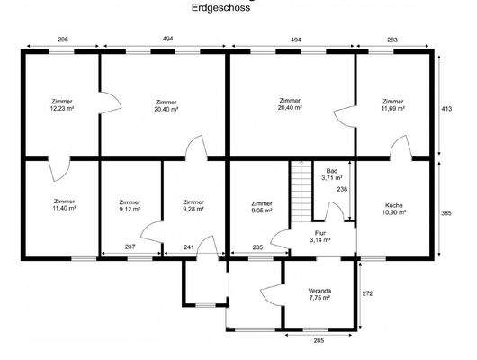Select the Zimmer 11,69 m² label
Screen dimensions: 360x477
[x=392, y=104]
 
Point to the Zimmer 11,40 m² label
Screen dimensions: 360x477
[x=64, y=204]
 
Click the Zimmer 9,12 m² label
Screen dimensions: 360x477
[x=130, y=206]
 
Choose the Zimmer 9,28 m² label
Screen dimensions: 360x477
[x=193, y=206]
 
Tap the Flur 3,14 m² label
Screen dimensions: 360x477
[x=320, y=238]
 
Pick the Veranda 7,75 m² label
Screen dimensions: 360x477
[x=319, y=295]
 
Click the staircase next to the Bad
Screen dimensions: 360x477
[x=299, y=192]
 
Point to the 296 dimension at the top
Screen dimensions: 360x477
[x=61, y=40]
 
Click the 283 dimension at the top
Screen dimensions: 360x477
[x=392, y=40]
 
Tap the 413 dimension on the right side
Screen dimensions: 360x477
[x=445, y=107]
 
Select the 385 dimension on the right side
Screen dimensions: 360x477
[x=445, y=214]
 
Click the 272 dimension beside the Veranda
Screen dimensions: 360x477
[x=367, y=292]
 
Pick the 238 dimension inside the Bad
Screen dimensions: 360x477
[x=341, y=189]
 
